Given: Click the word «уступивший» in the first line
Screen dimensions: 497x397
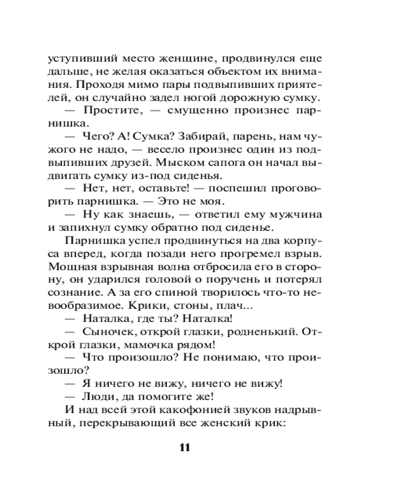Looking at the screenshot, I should click(79, 59).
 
